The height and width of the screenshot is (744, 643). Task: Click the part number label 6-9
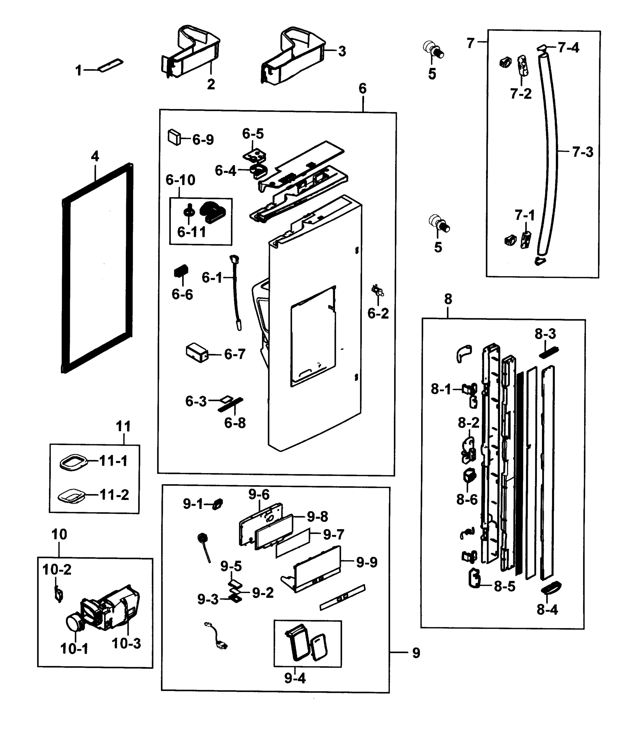pyautogui.click(x=203, y=140)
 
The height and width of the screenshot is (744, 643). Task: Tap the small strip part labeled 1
pyautogui.click(x=110, y=66)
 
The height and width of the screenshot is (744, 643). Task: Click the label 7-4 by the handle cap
pyautogui.click(x=568, y=47)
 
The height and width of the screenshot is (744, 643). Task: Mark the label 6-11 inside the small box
pyautogui.click(x=191, y=232)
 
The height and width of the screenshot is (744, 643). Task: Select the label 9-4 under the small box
pyautogui.click(x=295, y=678)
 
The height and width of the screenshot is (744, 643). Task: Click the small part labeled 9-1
pyautogui.click(x=217, y=504)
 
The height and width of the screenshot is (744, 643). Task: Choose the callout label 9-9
pyautogui.click(x=367, y=562)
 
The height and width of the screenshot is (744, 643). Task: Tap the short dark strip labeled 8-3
pyautogui.click(x=548, y=352)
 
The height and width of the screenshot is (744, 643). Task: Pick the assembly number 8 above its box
pyautogui.click(x=448, y=299)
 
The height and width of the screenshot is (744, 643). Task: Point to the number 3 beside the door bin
pyautogui.click(x=342, y=51)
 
